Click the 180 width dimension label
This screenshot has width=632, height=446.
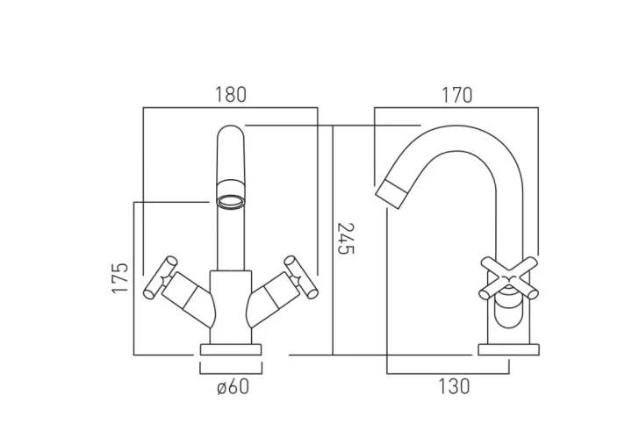coord(231,94)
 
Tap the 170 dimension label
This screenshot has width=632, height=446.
coord(456,94)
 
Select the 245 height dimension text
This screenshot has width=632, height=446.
coord(346,240)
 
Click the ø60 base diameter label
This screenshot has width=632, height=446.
coord(231,386)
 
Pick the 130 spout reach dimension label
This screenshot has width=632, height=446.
coord(451,386)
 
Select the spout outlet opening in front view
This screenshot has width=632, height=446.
coord(230,201)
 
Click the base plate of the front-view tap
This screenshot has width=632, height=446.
coord(231,349)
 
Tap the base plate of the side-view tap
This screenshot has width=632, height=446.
coord(503,350)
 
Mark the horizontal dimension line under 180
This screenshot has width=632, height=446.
coord(230,109)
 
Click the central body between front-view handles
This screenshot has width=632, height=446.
coord(230,303)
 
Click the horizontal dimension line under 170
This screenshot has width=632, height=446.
coord(456,109)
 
